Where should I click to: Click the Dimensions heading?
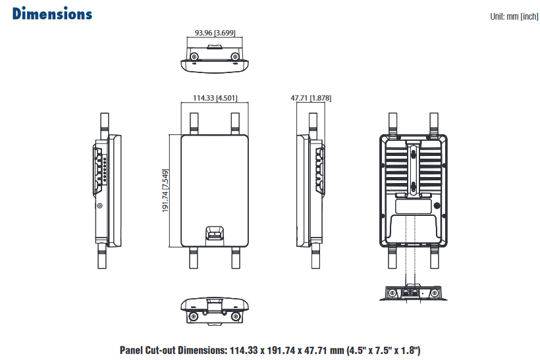click(x=52, y=14)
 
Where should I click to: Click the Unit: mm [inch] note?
click(x=514, y=16)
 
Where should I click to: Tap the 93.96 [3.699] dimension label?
click(x=215, y=33)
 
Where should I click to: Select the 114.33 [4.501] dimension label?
click(x=215, y=98)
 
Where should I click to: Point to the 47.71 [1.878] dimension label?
click(x=311, y=98)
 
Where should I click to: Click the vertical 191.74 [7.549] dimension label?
click(x=165, y=190)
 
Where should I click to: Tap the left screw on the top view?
click(x=194, y=57)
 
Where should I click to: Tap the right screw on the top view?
click(x=235, y=57)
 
